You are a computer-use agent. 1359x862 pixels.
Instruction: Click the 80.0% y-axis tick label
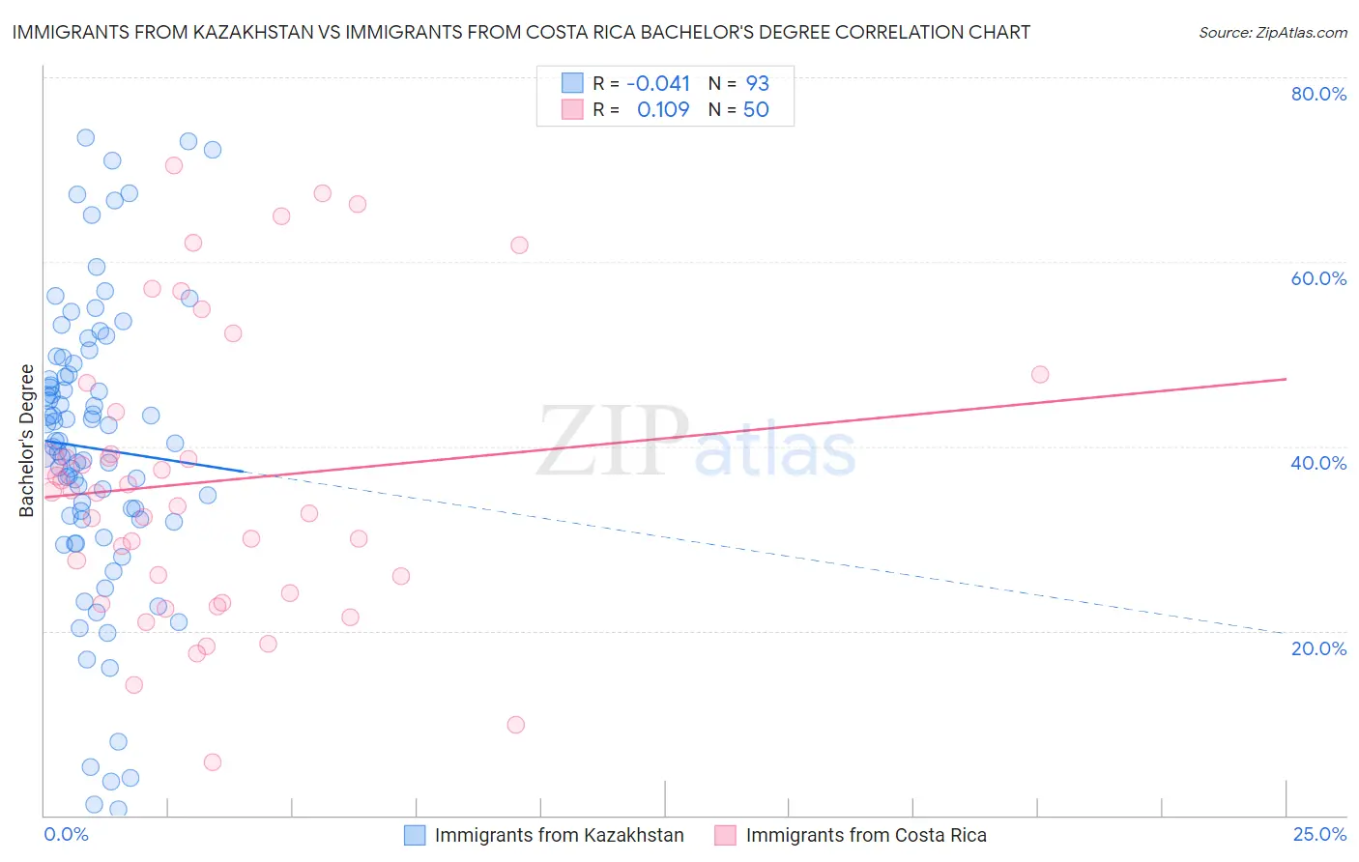[x=1318, y=94]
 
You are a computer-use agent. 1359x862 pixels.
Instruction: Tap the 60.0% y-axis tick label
[x=1318, y=278]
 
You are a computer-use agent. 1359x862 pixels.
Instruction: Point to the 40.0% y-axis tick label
[x=1318, y=463]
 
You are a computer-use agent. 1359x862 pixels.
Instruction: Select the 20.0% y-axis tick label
[x=1318, y=648]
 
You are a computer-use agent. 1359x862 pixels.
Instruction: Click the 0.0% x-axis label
[x=66, y=834]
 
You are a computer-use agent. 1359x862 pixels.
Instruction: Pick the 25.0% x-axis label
[x=1319, y=834]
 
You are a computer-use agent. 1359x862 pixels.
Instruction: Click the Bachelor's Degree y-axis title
[x=27, y=441]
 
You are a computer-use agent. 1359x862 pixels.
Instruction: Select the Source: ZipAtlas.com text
[x=1272, y=32]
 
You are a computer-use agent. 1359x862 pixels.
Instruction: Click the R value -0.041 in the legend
[x=658, y=83]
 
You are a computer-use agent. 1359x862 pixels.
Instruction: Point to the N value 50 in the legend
[x=756, y=110]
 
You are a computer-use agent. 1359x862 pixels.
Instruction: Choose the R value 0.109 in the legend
[x=663, y=110]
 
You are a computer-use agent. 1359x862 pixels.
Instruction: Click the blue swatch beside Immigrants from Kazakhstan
[x=415, y=835]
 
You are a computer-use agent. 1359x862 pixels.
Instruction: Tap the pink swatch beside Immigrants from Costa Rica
[x=726, y=835]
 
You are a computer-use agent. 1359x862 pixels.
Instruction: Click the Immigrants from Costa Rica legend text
[x=866, y=835]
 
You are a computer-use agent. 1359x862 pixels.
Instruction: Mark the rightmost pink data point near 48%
[x=1040, y=375]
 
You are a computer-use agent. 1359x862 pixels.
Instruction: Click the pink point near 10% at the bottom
[x=515, y=725]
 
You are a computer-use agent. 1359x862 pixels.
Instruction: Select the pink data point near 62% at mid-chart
[x=519, y=245]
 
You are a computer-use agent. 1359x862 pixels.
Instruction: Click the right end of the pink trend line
[x=1286, y=379]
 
